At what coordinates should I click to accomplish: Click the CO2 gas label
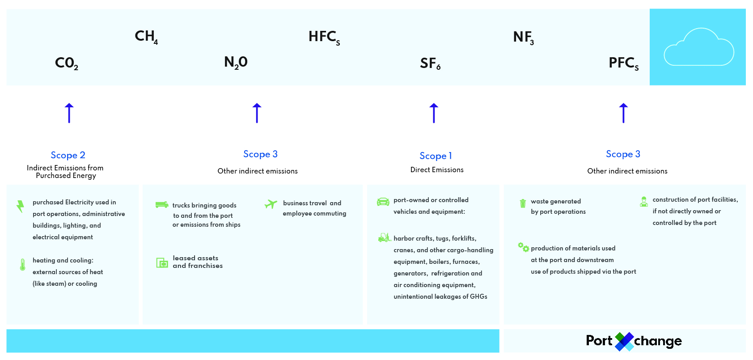[x=67, y=63]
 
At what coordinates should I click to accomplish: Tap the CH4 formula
[x=146, y=37]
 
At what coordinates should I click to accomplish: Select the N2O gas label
[x=236, y=63]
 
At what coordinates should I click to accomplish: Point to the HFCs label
[x=324, y=37]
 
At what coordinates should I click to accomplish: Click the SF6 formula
[x=430, y=63]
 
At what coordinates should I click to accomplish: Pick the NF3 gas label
[x=524, y=38]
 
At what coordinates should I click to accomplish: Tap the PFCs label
[x=624, y=63]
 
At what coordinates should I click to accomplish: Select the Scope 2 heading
[x=68, y=155]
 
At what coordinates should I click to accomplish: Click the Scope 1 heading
[x=436, y=156]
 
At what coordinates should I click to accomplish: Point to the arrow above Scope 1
[x=434, y=113]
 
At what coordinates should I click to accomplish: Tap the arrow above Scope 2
[x=69, y=113]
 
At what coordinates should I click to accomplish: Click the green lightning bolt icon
[x=21, y=207]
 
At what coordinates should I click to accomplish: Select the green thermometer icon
[x=22, y=265]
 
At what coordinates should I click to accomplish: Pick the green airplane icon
[x=271, y=203]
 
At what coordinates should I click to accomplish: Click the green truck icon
[x=162, y=204]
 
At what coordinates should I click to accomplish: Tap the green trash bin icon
[x=523, y=203]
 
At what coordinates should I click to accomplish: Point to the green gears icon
[x=524, y=247]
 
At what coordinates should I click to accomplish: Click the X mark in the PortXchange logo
[x=624, y=342]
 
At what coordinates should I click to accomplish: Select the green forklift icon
[x=384, y=237]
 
